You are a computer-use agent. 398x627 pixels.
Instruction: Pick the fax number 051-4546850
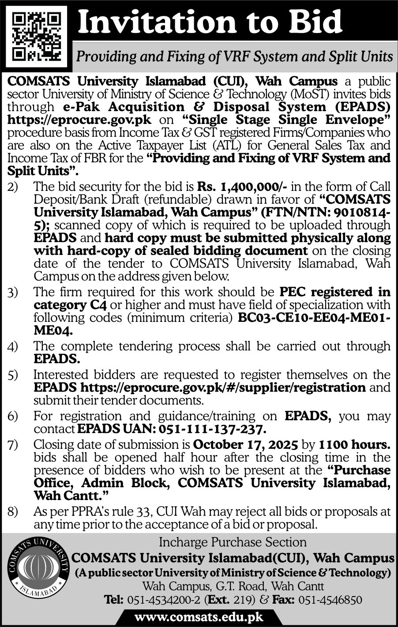point(330,600)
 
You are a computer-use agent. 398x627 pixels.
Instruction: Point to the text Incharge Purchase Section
point(233,542)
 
